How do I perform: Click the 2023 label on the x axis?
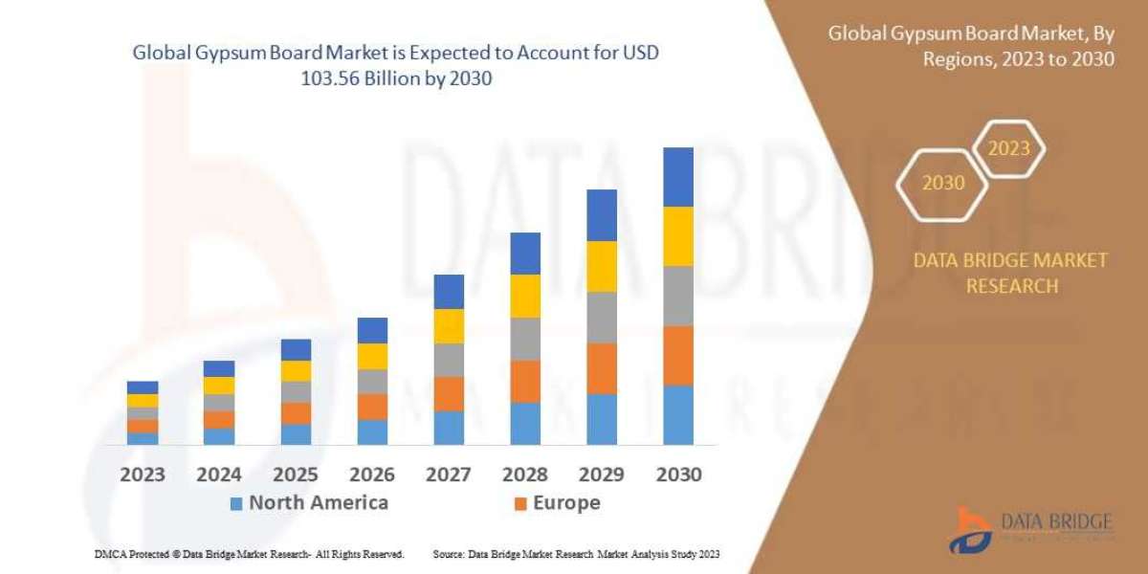(x=142, y=475)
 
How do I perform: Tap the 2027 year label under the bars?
(x=448, y=475)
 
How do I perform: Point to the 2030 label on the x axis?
(x=677, y=475)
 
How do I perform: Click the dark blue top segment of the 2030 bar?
(x=677, y=177)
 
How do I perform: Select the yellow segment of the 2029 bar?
(x=602, y=266)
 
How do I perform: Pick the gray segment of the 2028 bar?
(x=525, y=339)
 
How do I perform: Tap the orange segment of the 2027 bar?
(x=449, y=393)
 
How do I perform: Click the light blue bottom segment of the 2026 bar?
(x=372, y=432)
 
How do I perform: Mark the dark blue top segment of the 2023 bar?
(x=143, y=387)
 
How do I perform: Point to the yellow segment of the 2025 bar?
(x=296, y=371)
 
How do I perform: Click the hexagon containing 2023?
(x=1008, y=148)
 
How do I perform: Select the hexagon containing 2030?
(x=943, y=183)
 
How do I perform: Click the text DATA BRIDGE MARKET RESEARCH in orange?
(x=1011, y=273)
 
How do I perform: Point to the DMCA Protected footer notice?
(x=249, y=554)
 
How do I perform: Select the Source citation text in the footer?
(x=576, y=554)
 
